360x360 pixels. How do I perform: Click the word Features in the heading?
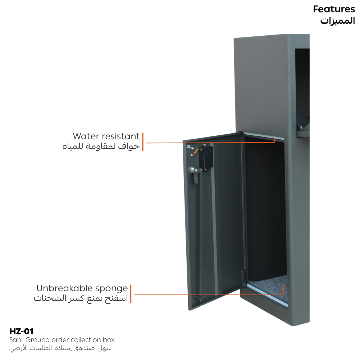click(x=334, y=9)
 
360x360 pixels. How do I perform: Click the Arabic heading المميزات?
click(x=337, y=21)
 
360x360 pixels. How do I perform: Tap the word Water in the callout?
click(x=86, y=136)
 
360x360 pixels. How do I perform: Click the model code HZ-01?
click(x=21, y=331)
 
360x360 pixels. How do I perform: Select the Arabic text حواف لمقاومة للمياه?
click(x=101, y=146)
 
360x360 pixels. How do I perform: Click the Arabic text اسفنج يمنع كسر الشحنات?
click(x=81, y=298)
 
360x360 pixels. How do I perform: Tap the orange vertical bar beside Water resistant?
click(x=143, y=142)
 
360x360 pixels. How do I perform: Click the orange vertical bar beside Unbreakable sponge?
click(x=131, y=294)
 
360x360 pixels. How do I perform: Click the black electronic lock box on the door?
click(x=207, y=157)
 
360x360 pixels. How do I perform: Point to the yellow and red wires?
click(x=196, y=152)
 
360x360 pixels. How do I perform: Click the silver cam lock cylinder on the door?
click(x=193, y=170)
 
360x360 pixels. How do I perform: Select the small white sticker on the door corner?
click(x=188, y=147)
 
